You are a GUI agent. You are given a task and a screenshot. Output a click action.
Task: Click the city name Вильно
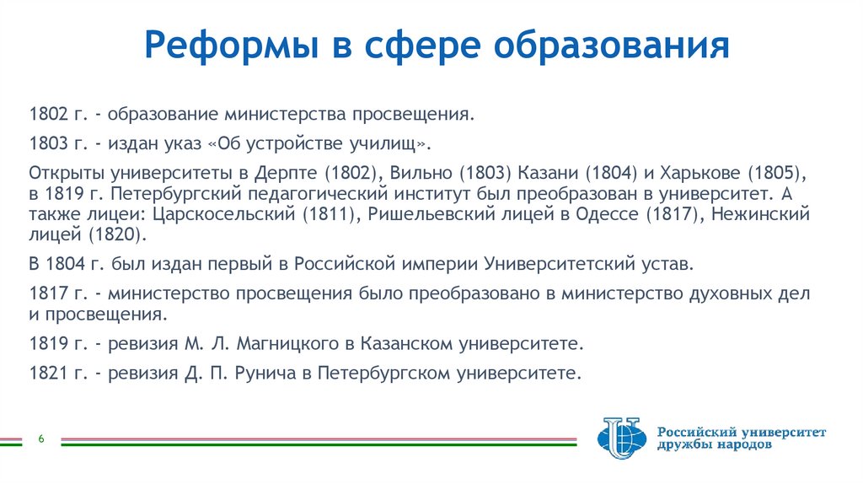pyautogui.click(x=420, y=173)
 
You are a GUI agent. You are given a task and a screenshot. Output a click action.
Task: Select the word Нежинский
pyautogui.click(x=760, y=215)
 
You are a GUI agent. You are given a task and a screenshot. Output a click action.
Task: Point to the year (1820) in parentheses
pyautogui.click(x=121, y=234)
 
